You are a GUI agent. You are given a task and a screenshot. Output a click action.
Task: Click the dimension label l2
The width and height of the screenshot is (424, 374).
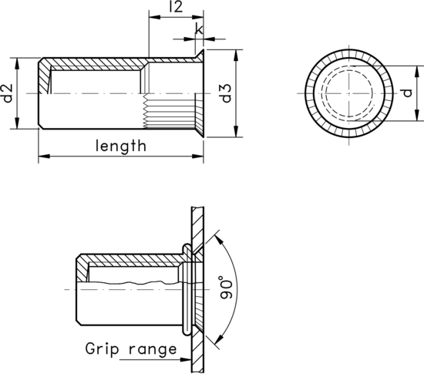pyautogui.click(x=175, y=8)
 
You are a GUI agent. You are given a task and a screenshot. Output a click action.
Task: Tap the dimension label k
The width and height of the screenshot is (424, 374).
pyautogui.click(x=200, y=29)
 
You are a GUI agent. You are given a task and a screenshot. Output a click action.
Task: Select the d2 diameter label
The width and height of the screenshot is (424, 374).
pyautogui.click(x=8, y=93)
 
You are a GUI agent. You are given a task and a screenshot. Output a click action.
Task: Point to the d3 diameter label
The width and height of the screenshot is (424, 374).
pyautogui.click(x=226, y=93)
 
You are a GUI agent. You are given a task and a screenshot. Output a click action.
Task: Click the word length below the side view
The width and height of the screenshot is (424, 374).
pyautogui.click(x=120, y=144)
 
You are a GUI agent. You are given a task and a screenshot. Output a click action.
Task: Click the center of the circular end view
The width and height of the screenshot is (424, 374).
pyautogui.click(x=350, y=93)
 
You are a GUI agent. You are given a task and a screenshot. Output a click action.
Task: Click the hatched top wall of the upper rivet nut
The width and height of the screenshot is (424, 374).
pyautogui.click(x=93, y=61)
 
